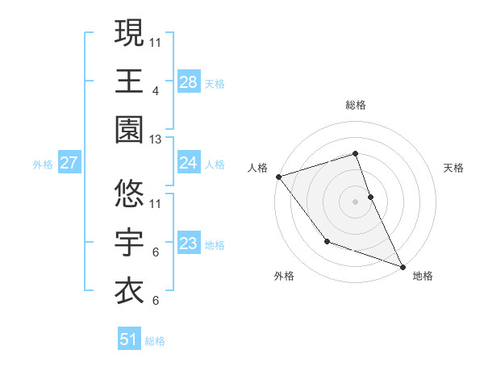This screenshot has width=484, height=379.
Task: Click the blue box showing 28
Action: click(x=188, y=81)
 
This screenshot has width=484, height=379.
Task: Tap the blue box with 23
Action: click(x=188, y=244)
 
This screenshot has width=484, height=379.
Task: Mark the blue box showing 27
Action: click(x=69, y=164)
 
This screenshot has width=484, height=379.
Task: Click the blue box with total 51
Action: click(x=129, y=340)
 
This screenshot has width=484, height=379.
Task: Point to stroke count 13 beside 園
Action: click(x=156, y=140)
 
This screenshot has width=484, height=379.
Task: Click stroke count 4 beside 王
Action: click(x=155, y=91)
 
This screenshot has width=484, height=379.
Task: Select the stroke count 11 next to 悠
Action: click(x=156, y=203)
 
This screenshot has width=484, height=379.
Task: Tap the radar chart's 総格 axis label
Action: click(x=355, y=105)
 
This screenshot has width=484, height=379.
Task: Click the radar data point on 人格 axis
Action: click(x=278, y=176)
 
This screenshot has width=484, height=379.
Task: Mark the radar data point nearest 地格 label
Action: click(x=402, y=266)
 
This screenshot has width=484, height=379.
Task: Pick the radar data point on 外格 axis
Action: click(x=327, y=241)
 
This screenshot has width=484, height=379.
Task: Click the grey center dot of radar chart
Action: click(x=355, y=202)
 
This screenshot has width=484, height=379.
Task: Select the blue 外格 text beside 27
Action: click(x=43, y=165)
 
